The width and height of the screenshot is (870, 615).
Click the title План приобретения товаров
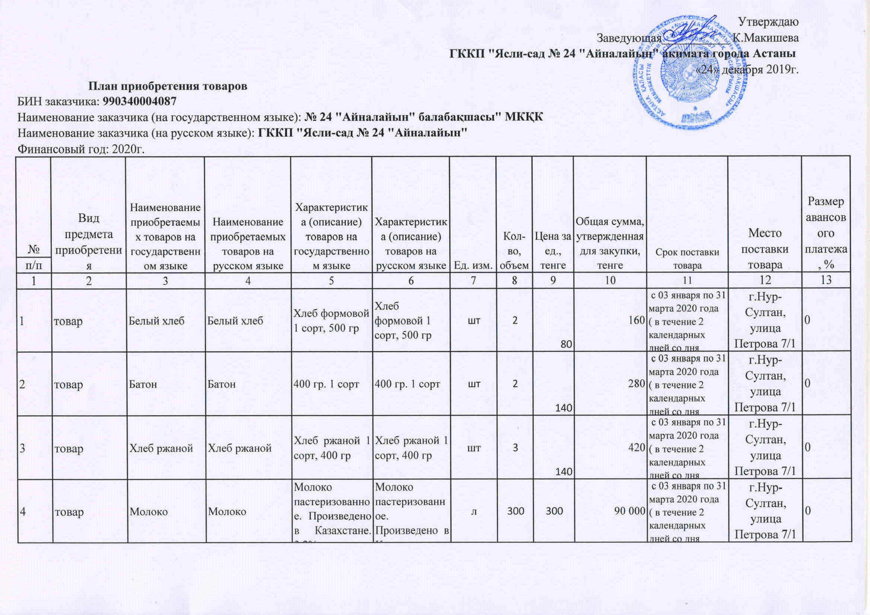(x=168, y=86)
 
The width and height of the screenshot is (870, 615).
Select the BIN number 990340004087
(x=140, y=102)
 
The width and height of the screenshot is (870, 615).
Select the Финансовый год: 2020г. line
(x=82, y=149)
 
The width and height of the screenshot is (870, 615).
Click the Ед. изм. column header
(x=472, y=266)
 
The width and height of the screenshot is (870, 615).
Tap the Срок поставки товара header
(x=687, y=259)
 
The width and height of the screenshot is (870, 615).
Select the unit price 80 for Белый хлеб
(x=566, y=344)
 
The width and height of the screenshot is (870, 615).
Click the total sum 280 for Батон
(x=637, y=384)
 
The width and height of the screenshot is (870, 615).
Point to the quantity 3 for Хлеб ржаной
(x=515, y=448)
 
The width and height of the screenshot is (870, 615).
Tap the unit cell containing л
(x=473, y=511)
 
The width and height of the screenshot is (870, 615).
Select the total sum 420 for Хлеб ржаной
(x=637, y=448)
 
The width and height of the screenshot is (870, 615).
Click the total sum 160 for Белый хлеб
(x=637, y=320)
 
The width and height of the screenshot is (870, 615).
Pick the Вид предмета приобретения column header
(x=89, y=241)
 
